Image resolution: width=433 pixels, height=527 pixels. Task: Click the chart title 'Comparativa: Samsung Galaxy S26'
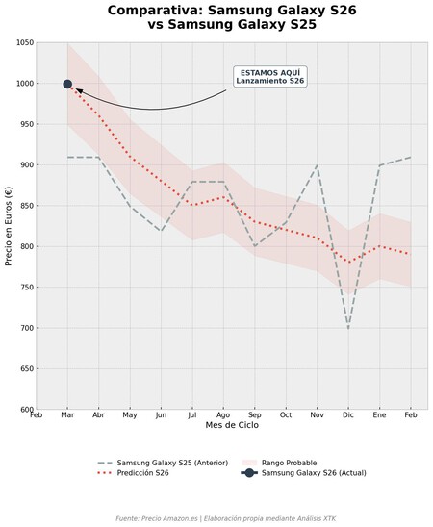click(216, 11)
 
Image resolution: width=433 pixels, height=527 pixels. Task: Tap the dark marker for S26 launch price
click(67, 84)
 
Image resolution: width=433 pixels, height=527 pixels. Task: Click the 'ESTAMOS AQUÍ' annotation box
click(270, 76)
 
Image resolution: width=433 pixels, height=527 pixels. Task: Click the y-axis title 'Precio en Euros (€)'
click(9, 226)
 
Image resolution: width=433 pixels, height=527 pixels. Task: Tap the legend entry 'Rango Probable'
click(289, 463)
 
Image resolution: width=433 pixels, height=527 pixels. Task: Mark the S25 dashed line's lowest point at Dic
click(348, 328)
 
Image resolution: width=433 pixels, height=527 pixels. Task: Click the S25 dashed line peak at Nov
click(318, 165)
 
